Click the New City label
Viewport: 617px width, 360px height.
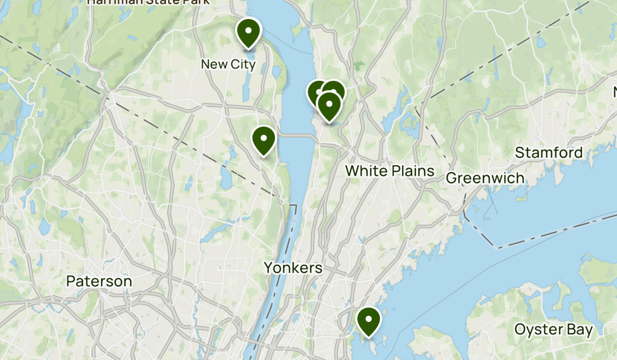(x=228, y=64)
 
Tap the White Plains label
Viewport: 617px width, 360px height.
(x=390, y=171)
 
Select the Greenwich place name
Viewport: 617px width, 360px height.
(x=485, y=178)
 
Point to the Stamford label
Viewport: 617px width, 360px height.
(x=549, y=153)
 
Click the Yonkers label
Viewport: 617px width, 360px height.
(x=293, y=267)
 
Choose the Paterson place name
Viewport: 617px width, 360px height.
(x=99, y=281)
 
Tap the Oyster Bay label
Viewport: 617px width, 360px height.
(x=553, y=330)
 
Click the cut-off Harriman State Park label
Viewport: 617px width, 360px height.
(x=148, y=2)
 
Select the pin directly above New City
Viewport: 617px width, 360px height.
(x=248, y=31)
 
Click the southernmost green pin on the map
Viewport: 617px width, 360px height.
(x=369, y=320)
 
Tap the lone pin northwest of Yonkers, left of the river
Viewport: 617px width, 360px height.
(x=263, y=139)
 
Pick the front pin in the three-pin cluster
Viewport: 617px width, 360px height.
(x=329, y=105)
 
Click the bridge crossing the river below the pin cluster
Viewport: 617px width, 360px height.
(x=298, y=135)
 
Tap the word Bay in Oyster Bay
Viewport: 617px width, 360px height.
(x=579, y=330)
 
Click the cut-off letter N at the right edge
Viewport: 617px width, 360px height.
(x=614, y=92)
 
